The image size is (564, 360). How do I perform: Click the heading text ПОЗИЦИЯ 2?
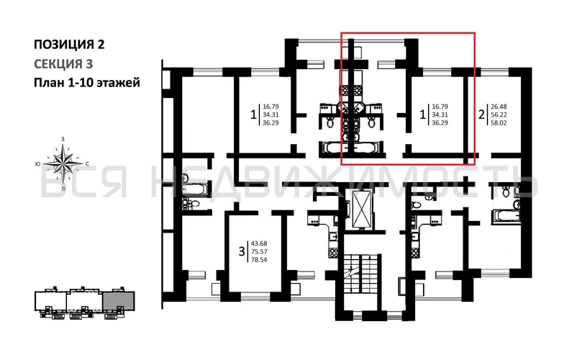click(69, 44)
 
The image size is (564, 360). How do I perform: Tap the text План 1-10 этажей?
click(86, 83)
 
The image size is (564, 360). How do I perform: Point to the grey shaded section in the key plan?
click(117, 302)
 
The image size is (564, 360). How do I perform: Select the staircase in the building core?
click(360, 277)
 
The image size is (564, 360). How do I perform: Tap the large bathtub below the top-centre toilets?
click(343, 150)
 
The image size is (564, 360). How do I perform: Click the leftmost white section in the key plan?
click(53, 302)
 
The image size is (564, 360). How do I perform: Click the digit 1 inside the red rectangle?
click(423, 114)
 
